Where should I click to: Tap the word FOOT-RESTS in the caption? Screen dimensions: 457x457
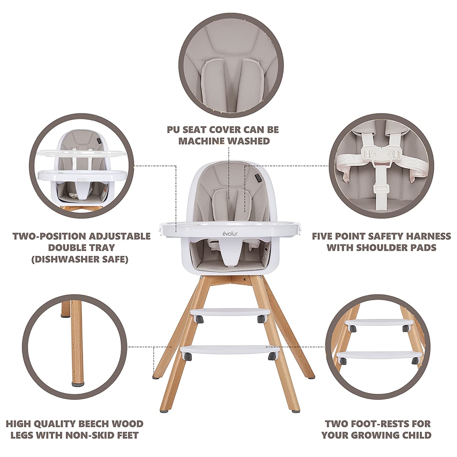(x=377, y=424)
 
